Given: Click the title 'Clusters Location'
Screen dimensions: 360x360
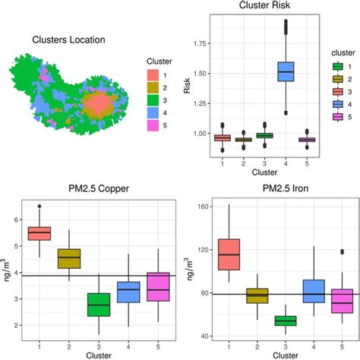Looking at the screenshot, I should click(x=68, y=40).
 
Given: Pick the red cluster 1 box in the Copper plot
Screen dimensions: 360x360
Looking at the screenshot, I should click(x=39, y=232).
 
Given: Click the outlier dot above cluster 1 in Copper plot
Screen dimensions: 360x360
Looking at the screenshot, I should click(x=39, y=206).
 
